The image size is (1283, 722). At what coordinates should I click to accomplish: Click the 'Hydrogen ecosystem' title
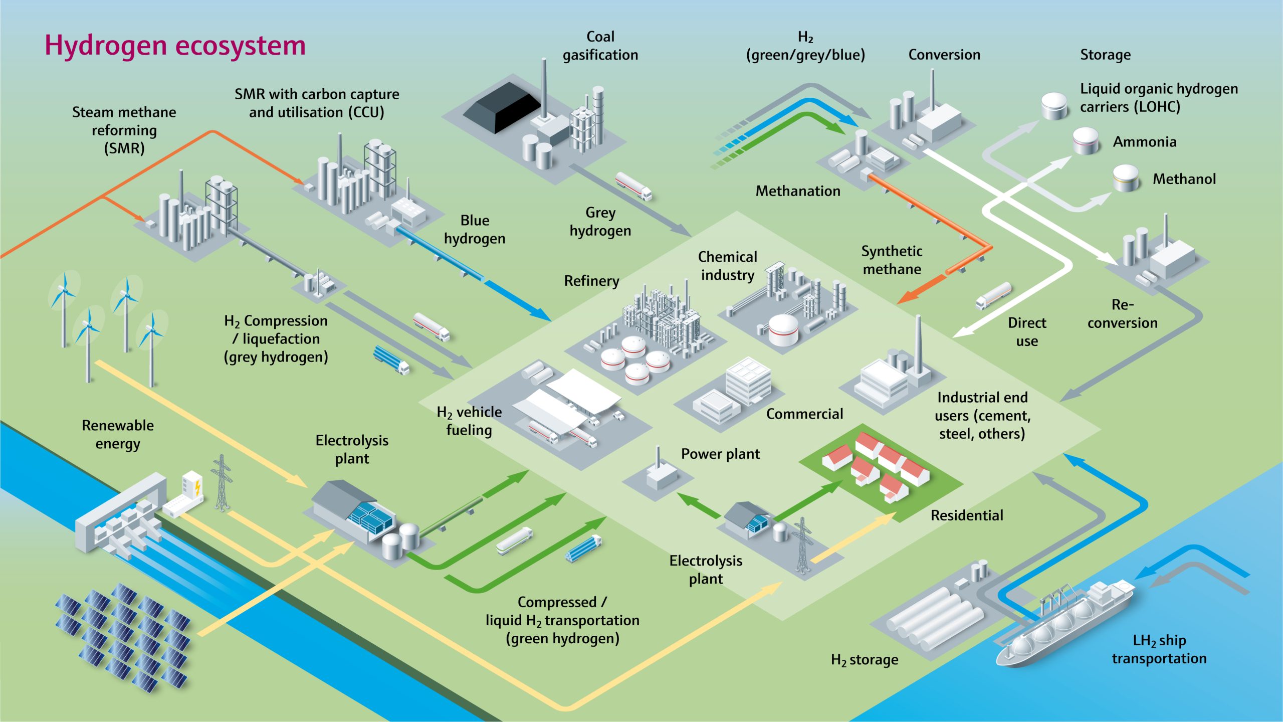point(175,46)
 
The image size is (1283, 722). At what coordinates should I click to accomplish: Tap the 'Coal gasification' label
point(600,46)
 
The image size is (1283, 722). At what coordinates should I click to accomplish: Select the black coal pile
point(502,106)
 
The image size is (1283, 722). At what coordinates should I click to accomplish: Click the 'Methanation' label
point(798,191)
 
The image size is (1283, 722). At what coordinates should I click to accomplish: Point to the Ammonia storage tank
point(1086,141)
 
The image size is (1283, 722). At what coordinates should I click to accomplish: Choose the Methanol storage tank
point(1126,178)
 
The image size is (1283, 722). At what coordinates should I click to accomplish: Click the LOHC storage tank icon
point(1055,106)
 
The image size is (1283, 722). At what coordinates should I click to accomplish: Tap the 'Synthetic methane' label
point(892,260)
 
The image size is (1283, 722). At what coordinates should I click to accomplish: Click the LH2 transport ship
point(1065,624)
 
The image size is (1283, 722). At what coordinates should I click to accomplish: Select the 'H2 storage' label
point(865,660)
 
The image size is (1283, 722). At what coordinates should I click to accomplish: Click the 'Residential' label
point(967,515)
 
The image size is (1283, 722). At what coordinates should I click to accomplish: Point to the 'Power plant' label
point(720,454)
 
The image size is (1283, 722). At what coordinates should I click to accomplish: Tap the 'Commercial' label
point(804,414)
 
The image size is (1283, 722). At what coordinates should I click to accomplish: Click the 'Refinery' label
point(591,281)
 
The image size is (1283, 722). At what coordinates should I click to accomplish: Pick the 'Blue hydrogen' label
point(475,230)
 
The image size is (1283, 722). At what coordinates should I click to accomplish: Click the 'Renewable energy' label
point(118,435)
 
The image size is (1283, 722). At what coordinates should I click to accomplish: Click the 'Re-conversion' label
point(1123,314)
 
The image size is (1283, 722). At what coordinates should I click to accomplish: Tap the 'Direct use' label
point(1027,332)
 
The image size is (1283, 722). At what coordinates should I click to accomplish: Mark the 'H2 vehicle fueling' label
point(469,421)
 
